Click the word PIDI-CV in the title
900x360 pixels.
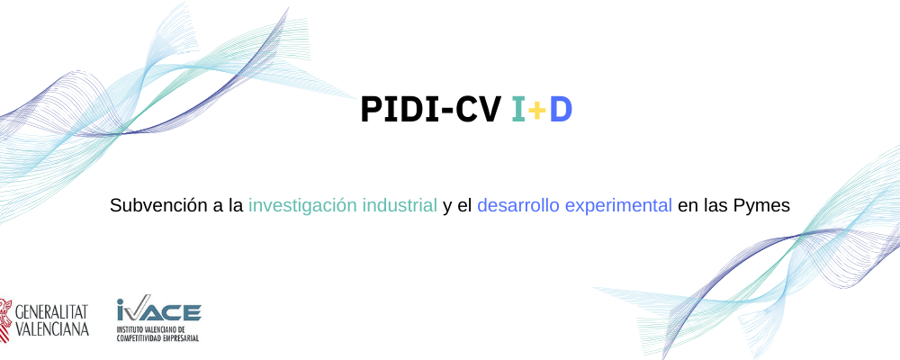coord(430,110)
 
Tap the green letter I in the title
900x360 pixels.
coord(518,110)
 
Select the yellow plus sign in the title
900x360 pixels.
coord(536,110)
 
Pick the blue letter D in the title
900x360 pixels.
coord(561,110)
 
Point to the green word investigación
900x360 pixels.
coord(301,206)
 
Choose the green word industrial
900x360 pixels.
coord(400,205)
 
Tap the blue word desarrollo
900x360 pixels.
coord(517,205)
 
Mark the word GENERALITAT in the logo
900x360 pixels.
coord(51,312)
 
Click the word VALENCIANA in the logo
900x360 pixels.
coord(51,328)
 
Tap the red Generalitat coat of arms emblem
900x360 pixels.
coord(5,319)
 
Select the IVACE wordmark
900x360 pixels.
coord(158,309)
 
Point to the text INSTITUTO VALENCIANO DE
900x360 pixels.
coord(151,330)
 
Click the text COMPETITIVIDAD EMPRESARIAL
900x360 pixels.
coord(157,338)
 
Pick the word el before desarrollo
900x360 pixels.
coord(464,205)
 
